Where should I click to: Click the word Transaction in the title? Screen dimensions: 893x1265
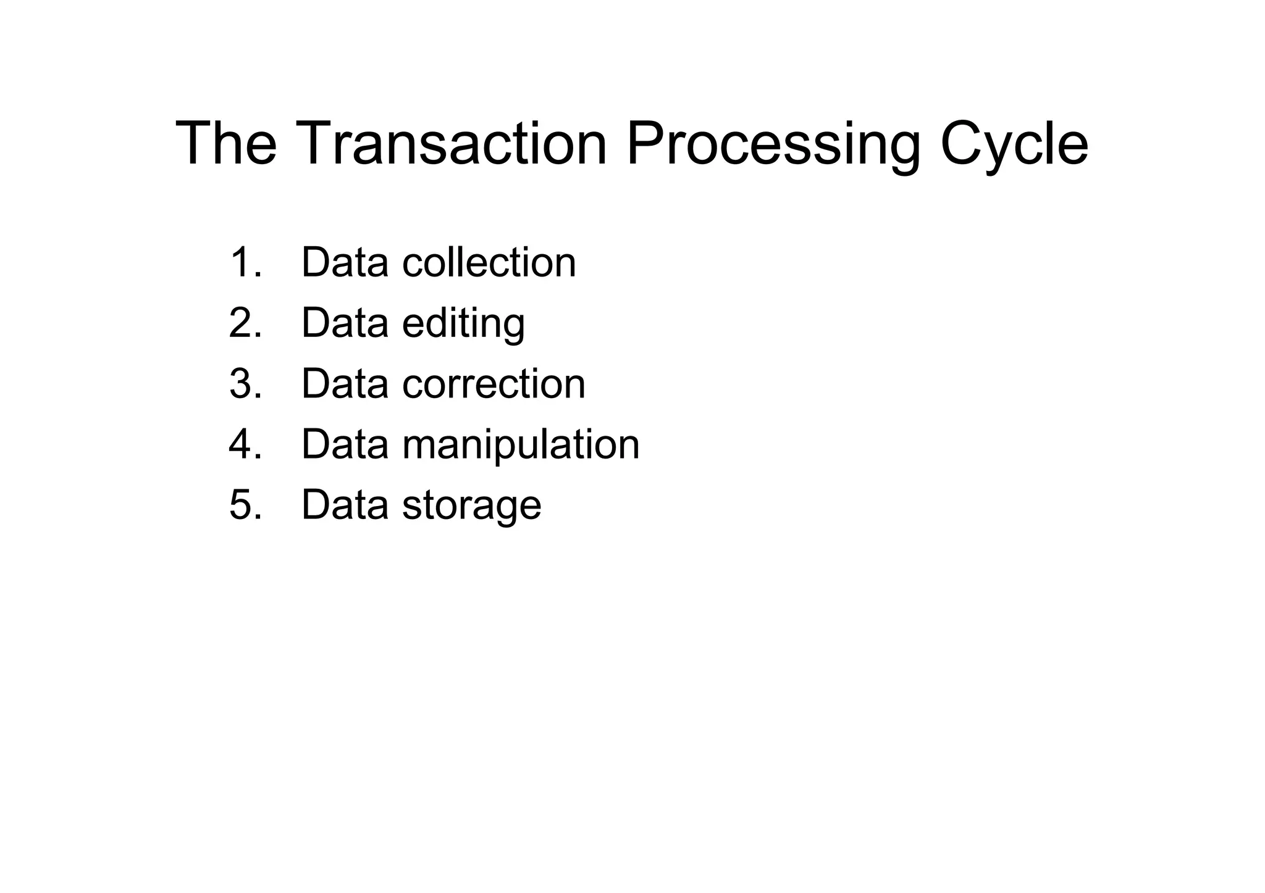pyautogui.click(x=454, y=143)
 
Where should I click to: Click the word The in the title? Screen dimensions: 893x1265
pyautogui.click(x=227, y=143)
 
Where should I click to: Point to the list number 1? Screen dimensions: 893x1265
pyautogui.click(x=245, y=262)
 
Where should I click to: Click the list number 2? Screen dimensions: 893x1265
pyautogui.click(x=245, y=323)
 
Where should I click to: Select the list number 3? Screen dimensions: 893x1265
pyautogui.click(x=245, y=383)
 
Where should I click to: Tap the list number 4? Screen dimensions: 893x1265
pyautogui.click(x=245, y=444)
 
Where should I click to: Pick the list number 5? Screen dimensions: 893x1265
pyautogui.click(x=245, y=505)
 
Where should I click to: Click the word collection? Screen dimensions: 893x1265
pyautogui.click(x=489, y=262)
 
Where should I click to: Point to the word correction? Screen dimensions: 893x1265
pyautogui.click(x=494, y=383)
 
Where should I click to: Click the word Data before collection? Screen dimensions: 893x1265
pyautogui.click(x=345, y=262)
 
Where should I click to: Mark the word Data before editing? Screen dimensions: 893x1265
pyautogui.click(x=345, y=323)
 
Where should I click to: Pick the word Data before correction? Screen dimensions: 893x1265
pyautogui.click(x=345, y=383)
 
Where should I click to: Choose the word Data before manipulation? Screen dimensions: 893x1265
pyautogui.click(x=345, y=444)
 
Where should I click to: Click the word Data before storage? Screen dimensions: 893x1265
pyautogui.click(x=345, y=505)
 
